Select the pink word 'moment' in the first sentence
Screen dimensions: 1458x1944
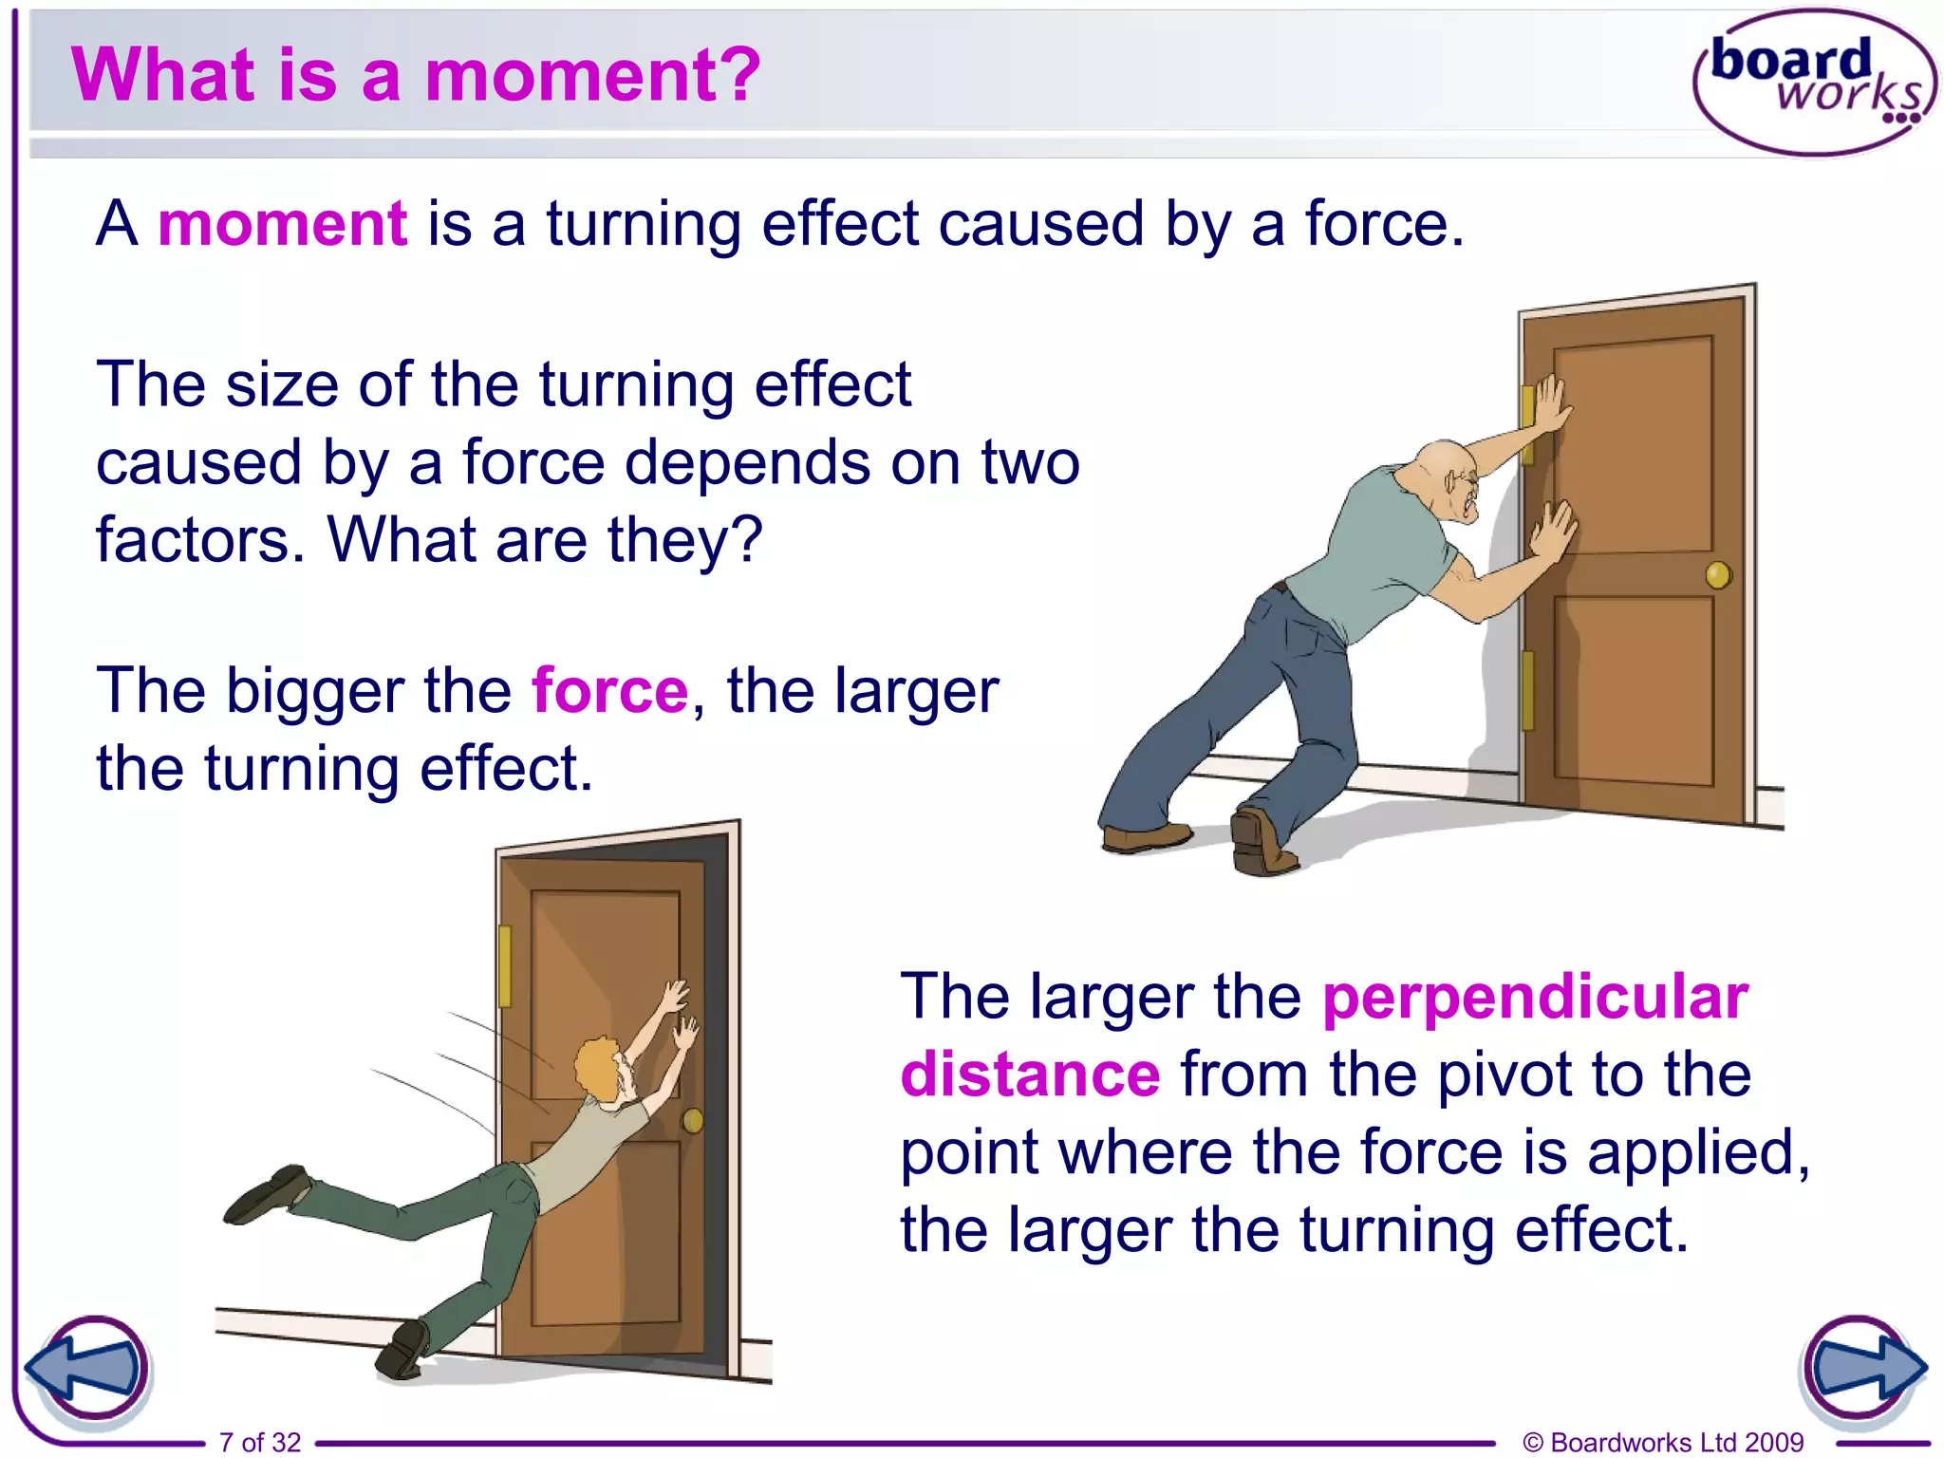283,224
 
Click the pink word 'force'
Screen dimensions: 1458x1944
609,690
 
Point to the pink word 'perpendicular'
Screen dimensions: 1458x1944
1535,998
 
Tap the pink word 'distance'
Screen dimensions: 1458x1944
1030,1075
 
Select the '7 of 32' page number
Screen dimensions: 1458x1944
259,1442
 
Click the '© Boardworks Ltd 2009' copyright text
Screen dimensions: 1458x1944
1663,1442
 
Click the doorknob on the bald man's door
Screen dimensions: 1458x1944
1718,575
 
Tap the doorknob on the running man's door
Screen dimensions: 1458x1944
693,1121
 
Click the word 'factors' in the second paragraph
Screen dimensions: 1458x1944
199,539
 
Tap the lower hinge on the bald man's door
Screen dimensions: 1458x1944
1528,690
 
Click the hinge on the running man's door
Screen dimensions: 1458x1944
505,966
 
